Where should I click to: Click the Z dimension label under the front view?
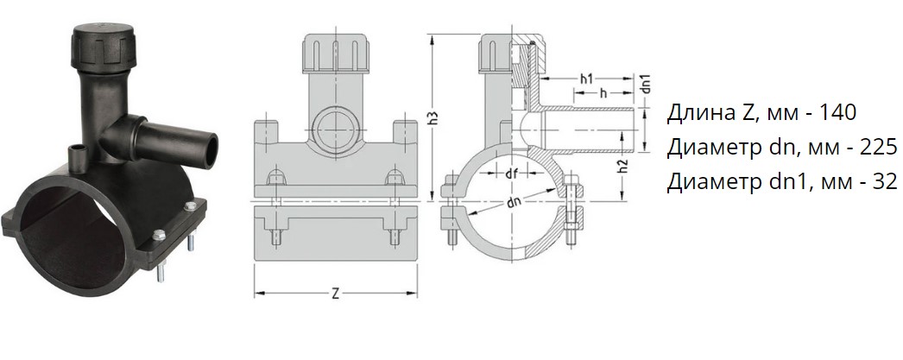tap(335, 294)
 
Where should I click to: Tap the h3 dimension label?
tap(436, 117)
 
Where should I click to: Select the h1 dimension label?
tap(586, 79)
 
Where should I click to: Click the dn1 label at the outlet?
tap(646, 84)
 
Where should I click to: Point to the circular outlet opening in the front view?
tap(335, 125)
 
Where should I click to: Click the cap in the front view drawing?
tap(335, 54)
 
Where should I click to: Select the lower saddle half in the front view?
tap(336, 231)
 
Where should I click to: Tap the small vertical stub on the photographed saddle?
tap(75, 155)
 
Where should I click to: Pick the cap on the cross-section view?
tap(509, 54)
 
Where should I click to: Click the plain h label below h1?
tap(603, 92)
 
